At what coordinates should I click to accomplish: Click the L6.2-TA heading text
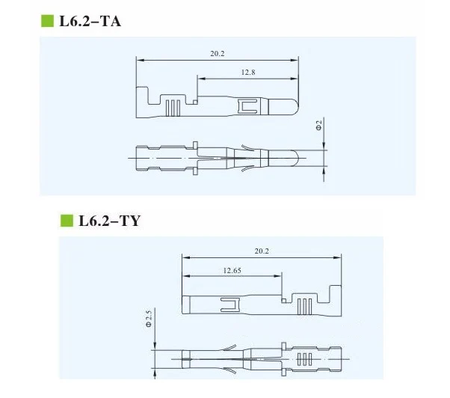tap(90, 21)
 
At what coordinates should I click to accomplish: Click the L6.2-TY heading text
tap(109, 221)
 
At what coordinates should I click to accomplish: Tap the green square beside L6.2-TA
tap(47, 21)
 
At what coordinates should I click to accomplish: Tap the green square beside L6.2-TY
tap(67, 221)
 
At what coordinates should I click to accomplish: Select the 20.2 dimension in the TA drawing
tap(218, 54)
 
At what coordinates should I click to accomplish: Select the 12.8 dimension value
tap(248, 73)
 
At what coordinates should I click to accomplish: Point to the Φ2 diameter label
tap(319, 126)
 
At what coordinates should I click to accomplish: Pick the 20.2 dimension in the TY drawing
tap(262, 251)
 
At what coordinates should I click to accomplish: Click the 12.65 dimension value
tap(232, 271)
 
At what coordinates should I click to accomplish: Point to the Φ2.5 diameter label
tap(148, 319)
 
